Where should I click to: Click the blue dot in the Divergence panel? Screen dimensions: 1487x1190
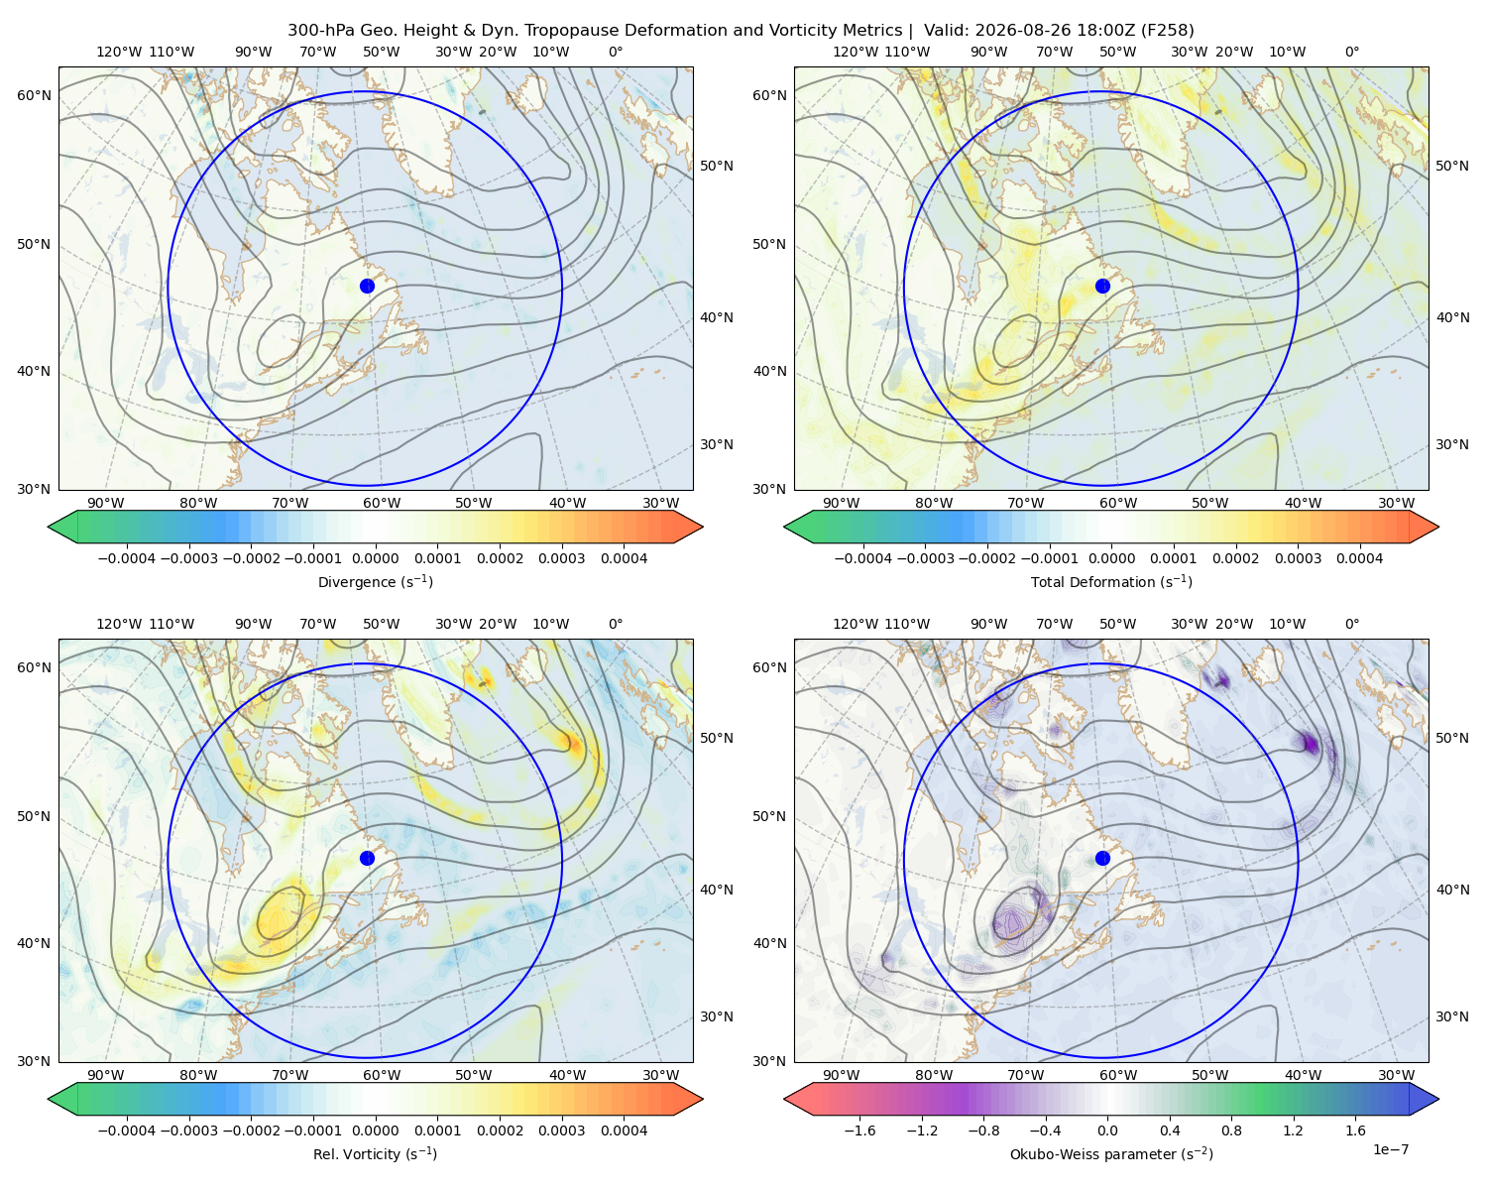367,287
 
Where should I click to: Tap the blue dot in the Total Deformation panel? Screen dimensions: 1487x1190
1102,287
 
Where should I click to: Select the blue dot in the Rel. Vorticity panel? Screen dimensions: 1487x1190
367,858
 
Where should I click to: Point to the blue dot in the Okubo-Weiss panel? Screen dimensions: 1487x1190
1102,858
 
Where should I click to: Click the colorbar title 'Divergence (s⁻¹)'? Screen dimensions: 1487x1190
375,582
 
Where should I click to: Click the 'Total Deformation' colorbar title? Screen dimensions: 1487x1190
1111,582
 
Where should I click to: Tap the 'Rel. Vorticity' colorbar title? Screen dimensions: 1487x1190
375,1154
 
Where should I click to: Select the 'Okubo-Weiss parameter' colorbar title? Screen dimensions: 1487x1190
1111,1154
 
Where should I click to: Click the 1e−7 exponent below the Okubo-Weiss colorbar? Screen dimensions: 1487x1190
1390,1150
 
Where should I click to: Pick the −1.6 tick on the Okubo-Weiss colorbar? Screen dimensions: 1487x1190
859,1130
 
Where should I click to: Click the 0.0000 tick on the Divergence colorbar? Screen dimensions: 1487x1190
375,558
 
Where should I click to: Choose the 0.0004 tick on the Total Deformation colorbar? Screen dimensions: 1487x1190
1359,558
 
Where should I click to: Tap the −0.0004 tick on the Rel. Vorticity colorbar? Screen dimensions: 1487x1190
127,1130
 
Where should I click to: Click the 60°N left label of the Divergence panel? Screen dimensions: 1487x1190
34,95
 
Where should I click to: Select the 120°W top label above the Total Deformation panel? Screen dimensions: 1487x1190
855,52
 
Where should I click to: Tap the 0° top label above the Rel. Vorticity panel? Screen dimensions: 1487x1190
616,624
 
